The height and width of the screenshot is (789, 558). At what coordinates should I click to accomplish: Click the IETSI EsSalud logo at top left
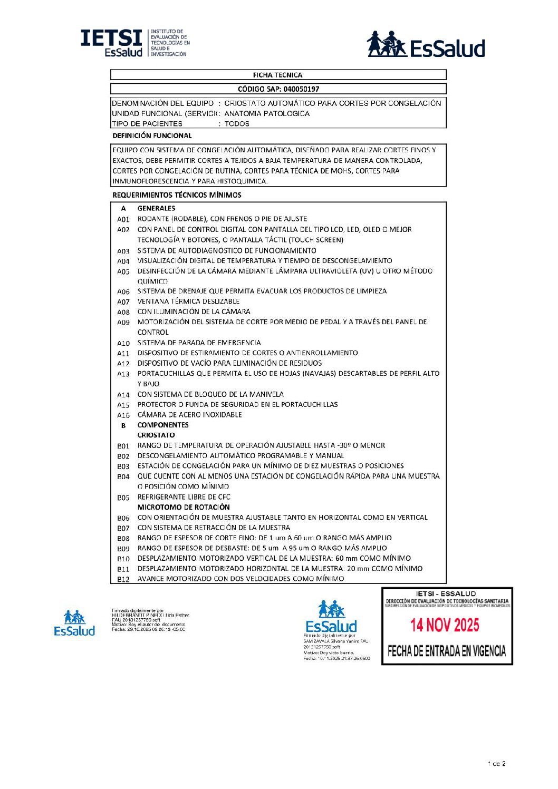[134, 43]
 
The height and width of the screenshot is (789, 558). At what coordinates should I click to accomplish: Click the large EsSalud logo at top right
[426, 44]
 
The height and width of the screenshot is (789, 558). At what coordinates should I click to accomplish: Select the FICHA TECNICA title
[277, 75]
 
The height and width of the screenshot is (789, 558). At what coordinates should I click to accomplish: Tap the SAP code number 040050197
[301, 89]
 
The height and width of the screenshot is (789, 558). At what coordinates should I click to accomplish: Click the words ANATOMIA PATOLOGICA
[267, 113]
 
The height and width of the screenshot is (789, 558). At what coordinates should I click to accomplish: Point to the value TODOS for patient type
[237, 124]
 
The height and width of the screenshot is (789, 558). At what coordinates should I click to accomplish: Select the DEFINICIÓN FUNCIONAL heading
[152, 135]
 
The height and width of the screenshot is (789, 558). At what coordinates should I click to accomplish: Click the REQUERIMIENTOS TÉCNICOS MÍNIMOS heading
[177, 195]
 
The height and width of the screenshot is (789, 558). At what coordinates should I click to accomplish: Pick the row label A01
[123, 219]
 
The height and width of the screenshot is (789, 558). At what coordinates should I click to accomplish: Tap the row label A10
[123, 343]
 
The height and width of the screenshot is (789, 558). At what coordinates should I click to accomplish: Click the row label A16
[123, 415]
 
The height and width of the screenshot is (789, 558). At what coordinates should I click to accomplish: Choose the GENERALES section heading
[156, 208]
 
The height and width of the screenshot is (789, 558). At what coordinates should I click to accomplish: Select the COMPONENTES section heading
[163, 425]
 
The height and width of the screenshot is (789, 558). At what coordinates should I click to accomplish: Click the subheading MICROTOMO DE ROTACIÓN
[184, 507]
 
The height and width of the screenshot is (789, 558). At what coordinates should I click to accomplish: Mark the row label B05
[123, 498]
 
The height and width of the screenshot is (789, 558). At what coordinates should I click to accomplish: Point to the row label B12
[123, 579]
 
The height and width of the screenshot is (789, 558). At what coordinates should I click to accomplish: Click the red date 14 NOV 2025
[445, 626]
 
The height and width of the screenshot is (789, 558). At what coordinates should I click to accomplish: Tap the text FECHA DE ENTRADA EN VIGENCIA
[447, 651]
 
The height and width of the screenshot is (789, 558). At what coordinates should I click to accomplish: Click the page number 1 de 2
[497, 764]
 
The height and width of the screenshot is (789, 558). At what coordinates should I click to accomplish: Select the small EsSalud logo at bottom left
[74, 624]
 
